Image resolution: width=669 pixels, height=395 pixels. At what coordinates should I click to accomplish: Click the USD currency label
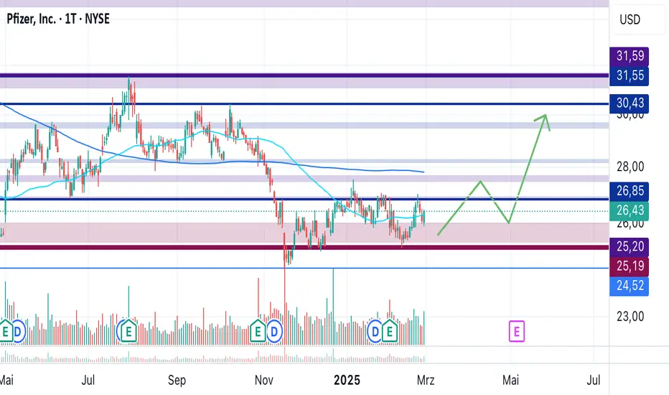pyautogui.click(x=630, y=19)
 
